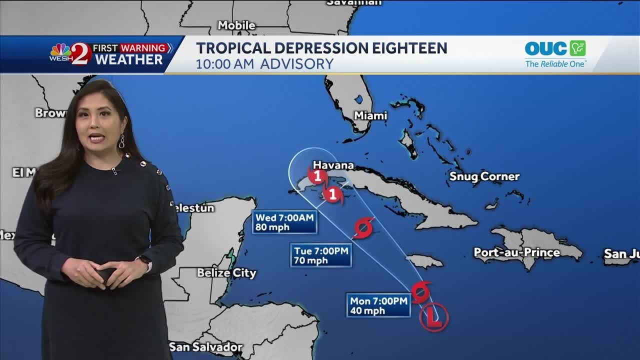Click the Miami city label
(x=370, y=115)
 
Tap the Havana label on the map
(x=333, y=165)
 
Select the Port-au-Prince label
(x=516, y=252)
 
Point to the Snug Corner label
(x=484, y=176)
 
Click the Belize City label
(x=226, y=273)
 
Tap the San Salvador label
(x=205, y=346)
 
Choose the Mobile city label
(x=236, y=25)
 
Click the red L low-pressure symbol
(x=433, y=317)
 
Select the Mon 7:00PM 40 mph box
(x=378, y=305)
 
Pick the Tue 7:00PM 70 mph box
(x=321, y=255)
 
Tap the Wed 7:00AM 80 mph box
(x=284, y=222)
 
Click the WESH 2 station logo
(x=70, y=54)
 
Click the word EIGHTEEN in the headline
(x=404, y=48)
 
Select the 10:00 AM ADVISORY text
(x=264, y=64)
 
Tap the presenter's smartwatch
(x=144, y=262)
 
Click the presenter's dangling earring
(x=121, y=141)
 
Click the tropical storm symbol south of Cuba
(x=363, y=228)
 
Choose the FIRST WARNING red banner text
(x=129, y=48)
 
